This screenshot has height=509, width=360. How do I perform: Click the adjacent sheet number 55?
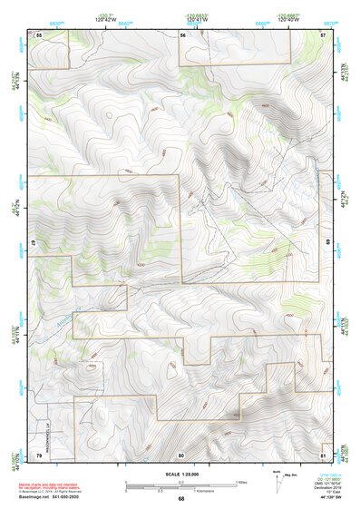pos(39,34)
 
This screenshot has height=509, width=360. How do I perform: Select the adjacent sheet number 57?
pos(323,34)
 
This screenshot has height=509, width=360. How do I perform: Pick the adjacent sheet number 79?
pos(39,454)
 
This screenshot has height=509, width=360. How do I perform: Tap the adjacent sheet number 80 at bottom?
pos(181,454)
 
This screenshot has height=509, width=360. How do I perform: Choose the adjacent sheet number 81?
pos(323,454)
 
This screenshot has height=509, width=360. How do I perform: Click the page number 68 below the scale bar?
pos(181,498)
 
